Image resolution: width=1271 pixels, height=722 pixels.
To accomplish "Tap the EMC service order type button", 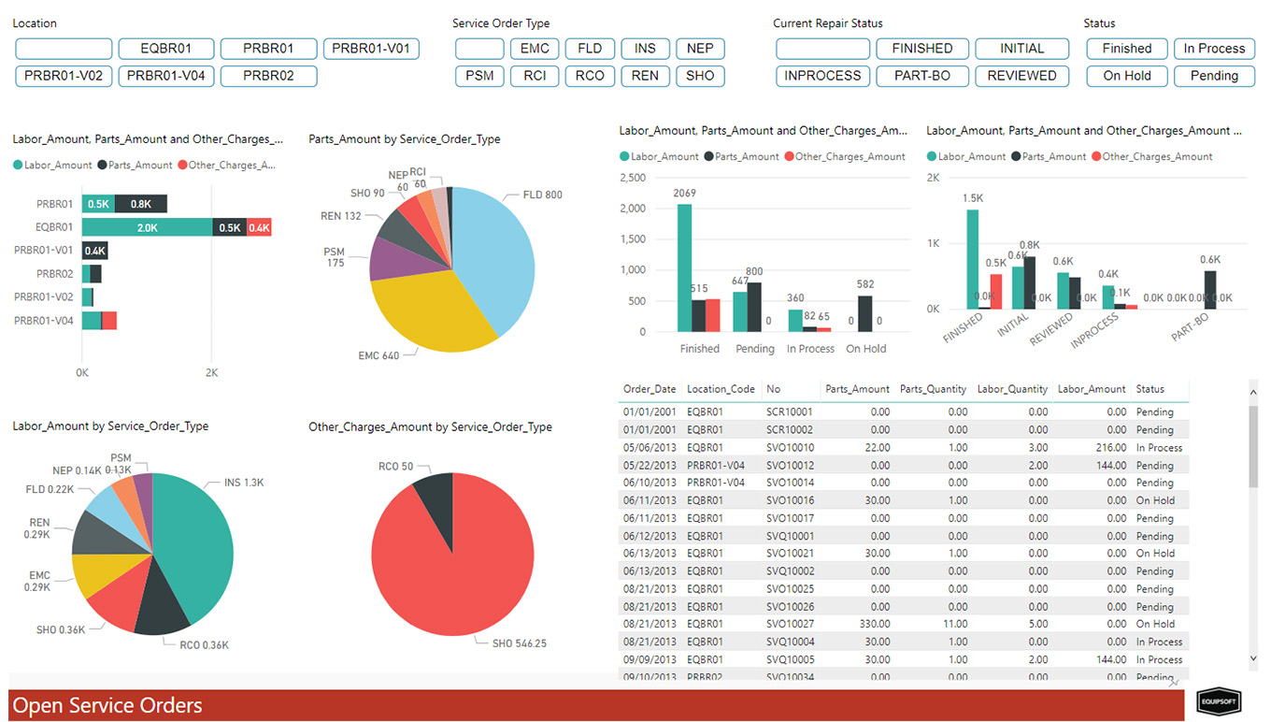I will click(x=535, y=49).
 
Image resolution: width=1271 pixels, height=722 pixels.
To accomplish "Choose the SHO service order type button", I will click(x=700, y=76).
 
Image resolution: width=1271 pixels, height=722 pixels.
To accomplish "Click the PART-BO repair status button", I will click(x=922, y=76).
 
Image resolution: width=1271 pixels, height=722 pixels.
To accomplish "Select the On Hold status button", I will click(x=1125, y=76).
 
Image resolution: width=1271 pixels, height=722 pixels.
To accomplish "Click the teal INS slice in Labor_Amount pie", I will click(x=196, y=542).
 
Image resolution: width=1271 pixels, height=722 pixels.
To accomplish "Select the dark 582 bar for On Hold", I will click(x=865, y=313).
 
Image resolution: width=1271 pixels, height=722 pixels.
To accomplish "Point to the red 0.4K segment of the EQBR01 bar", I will click(x=259, y=227).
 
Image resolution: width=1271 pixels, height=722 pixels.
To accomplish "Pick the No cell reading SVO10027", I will click(x=790, y=624).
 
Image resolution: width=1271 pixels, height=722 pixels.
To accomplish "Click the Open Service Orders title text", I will click(x=107, y=705).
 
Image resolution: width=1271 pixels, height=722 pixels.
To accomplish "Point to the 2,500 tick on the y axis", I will click(x=633, y=178).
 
